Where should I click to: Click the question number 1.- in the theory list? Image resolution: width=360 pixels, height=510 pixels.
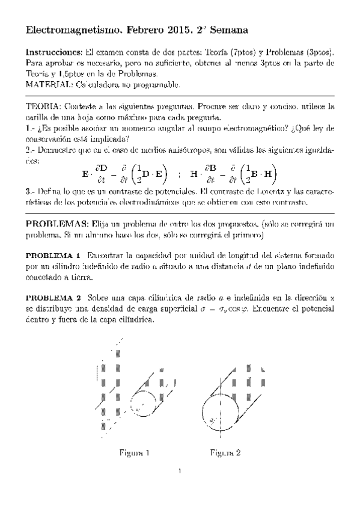coord(31,129)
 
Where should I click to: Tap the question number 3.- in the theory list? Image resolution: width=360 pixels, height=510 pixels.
coord(31,192)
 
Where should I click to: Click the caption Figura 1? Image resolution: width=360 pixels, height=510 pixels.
coord(134,453)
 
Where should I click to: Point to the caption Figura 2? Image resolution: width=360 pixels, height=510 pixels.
coord(225,453)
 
